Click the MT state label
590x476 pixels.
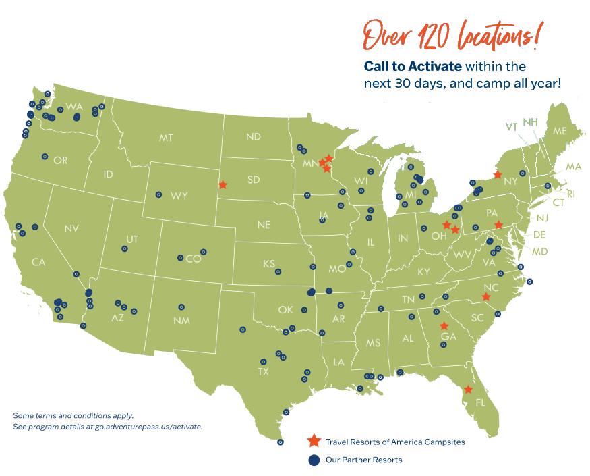coord(166,138)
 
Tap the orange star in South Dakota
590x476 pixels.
coord(223,184)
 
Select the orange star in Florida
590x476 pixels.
coord(468,390)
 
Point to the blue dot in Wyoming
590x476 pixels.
coord(158,194)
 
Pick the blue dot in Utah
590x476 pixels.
coord(124,248)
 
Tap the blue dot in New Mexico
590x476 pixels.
coord(181,307)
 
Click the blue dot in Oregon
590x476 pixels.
coord(45,156)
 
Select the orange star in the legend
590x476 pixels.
coord(314,442)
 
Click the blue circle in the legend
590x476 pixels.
coord(314,460)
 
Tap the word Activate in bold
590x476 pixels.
coord(436,66)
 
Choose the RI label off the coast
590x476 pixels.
coord(571,194)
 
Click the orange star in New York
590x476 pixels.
coord(497,175)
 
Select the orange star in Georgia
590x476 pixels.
coord(444,326)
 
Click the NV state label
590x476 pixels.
coord(71,229)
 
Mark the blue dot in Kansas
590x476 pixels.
coord(278,271)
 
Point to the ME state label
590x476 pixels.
coord(560,132)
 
